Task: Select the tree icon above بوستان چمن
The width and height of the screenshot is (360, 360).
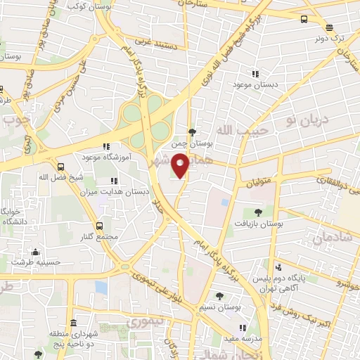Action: click(x=192, y=131)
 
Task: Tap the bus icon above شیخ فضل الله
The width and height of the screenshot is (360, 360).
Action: click(x=61, y=167)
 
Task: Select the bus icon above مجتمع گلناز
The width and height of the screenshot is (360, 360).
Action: click(x=99, y=226)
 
